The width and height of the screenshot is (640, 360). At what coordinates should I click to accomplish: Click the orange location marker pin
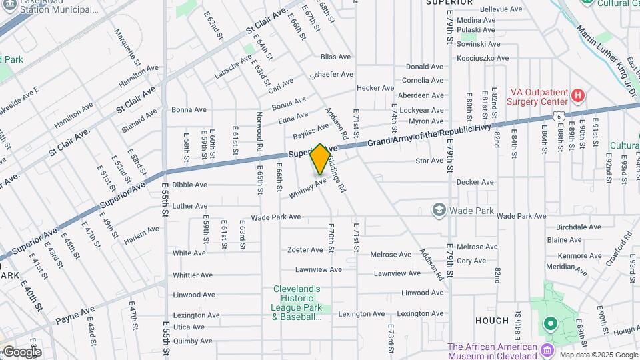point(320,159)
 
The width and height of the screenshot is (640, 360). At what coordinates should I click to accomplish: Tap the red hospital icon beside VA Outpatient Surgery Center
point(578,96)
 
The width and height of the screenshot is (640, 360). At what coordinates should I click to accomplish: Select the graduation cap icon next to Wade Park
point(439,211)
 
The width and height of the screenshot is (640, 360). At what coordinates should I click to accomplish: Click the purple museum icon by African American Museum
point(547,351)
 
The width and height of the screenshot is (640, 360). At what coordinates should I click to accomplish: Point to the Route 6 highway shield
point(557,116)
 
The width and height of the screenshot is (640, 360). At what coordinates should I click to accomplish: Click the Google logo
point(21,351)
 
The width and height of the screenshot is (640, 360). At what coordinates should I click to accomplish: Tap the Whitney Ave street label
point(307,187)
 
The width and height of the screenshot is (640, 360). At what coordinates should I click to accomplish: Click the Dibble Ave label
point(189,185)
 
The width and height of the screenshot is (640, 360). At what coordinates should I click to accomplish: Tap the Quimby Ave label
point(192,340)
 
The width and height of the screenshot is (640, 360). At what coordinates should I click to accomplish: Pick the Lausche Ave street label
point(233,67)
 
